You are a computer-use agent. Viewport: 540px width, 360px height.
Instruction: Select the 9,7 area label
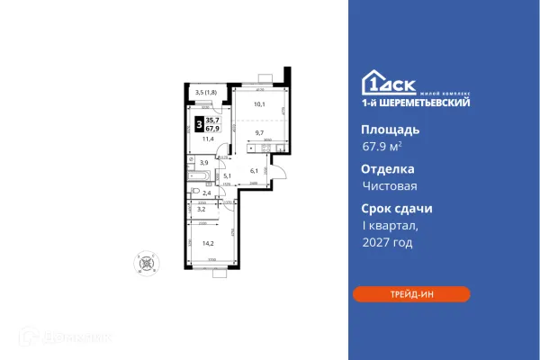[258, 133]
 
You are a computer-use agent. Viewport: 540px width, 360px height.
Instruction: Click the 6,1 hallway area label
[255, 171]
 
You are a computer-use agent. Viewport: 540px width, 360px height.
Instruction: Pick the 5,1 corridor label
[229, 175]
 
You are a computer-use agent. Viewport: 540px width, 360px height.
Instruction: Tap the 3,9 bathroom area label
[204, 163]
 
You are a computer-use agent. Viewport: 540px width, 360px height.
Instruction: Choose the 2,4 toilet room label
[207, 193]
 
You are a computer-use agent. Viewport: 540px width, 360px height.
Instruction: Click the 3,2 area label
[202, 209]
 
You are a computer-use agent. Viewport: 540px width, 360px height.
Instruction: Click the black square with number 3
[198, 123]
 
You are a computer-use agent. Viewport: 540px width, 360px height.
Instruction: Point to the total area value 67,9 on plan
[213, 128]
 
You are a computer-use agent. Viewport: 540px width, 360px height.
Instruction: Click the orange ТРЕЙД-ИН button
[411, 293]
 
